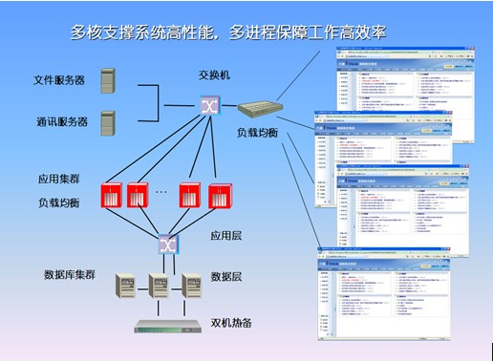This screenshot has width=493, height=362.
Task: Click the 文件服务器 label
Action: [x=58, y=80]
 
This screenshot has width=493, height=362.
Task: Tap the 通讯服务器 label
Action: [x=58, y=122]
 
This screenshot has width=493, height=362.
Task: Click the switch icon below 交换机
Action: [x=210, y=105]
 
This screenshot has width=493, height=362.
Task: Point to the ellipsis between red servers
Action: [x=161, y=192]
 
